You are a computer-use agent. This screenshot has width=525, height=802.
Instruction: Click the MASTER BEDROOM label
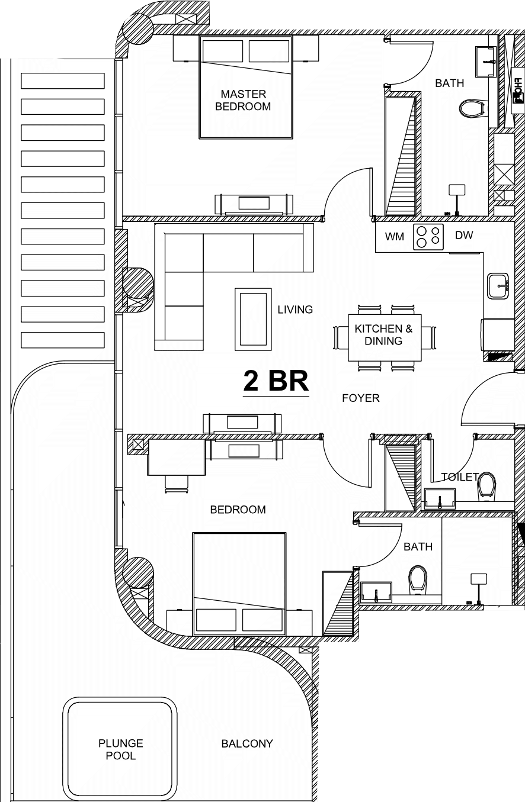[x=243, y=100]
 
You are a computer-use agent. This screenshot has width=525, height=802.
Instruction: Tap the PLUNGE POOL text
[x=121, y=749]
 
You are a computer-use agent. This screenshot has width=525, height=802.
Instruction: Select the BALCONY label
[x=247, y=743]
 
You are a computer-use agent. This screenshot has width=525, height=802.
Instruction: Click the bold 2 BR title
[x=276, y=381]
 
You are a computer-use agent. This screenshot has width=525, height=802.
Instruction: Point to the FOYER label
[x=360, y=398]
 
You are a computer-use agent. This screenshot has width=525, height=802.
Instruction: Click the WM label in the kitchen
[x=394, y=237]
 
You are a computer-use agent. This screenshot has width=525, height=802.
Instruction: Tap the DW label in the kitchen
[x=464, y=235]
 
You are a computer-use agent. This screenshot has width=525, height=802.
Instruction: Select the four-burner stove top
[x=428, y=237]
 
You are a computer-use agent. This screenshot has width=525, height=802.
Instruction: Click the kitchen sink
[x=498, y=286]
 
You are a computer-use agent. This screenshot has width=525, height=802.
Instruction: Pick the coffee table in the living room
[x=253, y=319]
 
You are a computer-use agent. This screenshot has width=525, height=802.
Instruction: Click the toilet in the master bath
[x=473, y=108]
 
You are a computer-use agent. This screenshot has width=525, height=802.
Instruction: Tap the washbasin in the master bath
[x=486, y=62]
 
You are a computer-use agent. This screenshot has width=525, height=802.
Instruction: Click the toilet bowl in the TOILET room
[x=486, y=486]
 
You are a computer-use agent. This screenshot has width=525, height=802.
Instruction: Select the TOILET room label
[x=460, y=477]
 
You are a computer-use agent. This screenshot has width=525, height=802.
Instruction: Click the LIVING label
[x=295, y=310]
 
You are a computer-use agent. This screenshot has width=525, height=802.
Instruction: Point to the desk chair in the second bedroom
[x=177, y=484]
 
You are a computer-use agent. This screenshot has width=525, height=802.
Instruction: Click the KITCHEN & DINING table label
[x=383, y=335]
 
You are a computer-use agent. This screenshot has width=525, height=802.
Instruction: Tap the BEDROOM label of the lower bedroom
[x=238, y=510]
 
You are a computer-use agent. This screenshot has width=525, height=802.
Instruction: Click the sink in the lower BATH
[x=376, y=592]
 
